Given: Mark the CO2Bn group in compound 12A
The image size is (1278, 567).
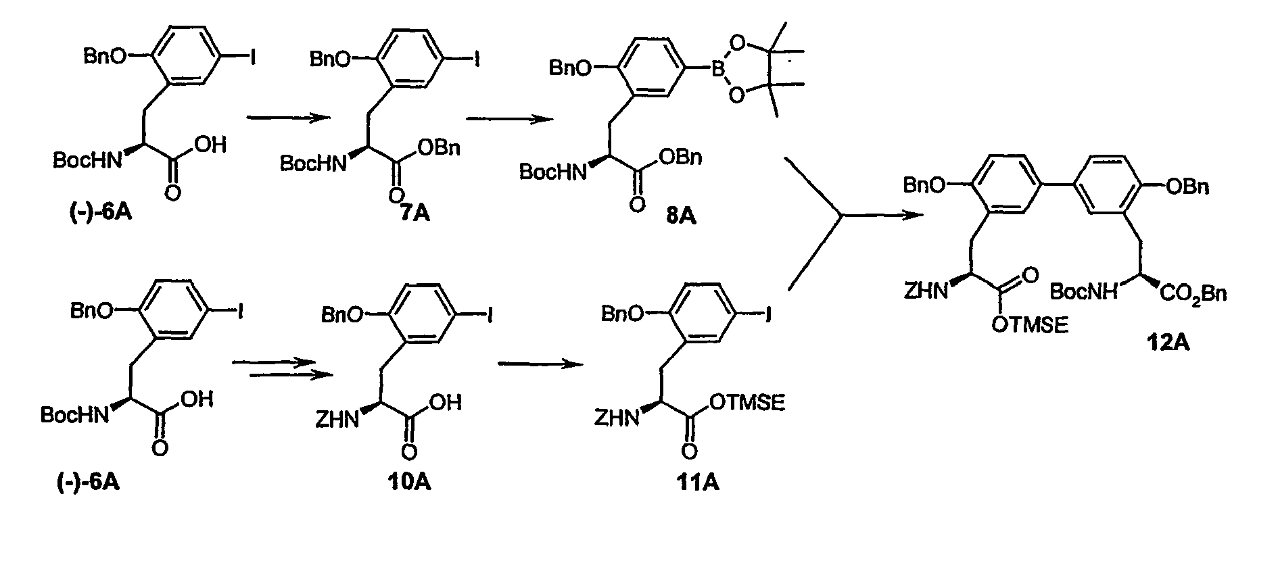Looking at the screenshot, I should pyautogui.click(x=1193, y=293).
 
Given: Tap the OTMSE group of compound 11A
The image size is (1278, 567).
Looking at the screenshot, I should pyautogui.click(x=747, y=403).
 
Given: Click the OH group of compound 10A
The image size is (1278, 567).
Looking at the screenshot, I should pyautogui.click(x=445, y=403).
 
